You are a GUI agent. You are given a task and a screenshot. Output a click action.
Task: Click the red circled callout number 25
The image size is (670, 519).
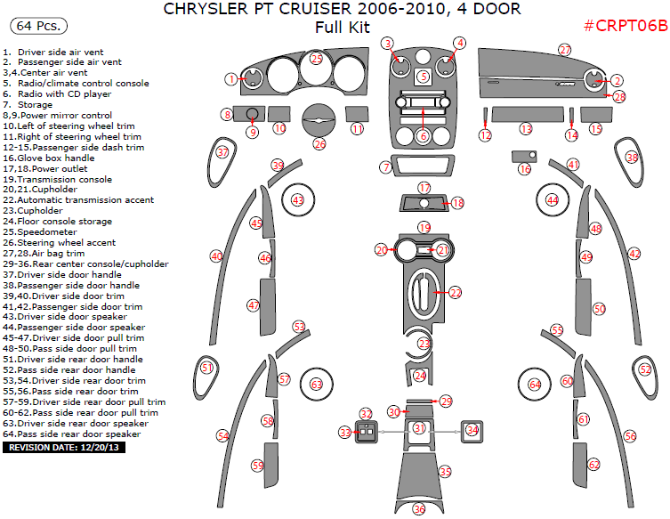[x=317, y=59]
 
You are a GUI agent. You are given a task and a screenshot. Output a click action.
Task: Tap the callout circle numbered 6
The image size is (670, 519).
[x=424, y=136]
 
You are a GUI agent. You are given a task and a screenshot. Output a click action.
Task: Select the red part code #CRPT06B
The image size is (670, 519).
[x=625, y=26]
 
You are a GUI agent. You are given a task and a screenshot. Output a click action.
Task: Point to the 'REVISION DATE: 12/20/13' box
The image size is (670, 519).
[x=64, y=448]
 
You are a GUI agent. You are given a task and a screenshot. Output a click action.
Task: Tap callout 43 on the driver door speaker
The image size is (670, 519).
[x=298, y=200]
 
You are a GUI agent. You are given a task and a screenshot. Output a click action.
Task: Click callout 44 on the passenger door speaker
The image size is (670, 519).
[x=553, y=200]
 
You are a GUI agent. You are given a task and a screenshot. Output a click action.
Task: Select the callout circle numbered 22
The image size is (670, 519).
[x=456, y=292]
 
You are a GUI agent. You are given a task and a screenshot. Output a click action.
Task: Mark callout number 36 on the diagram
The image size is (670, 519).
[x=419, y=509]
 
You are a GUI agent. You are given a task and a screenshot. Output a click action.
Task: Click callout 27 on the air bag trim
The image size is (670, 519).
[x=565, y=50]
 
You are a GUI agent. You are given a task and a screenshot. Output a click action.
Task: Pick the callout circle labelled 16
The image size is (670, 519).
[x=525, y=168]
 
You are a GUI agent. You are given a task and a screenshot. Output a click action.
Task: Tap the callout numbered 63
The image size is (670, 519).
[x=316, y=385]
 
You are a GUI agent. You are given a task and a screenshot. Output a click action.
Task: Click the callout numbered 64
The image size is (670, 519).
[x=535, y=385]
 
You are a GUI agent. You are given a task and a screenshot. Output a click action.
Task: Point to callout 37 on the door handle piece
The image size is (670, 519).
[x=222, y=153]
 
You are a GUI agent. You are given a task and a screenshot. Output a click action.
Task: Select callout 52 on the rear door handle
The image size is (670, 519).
[x=644, y=369]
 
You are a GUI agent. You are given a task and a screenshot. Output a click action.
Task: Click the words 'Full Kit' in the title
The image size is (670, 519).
[x=342, y=27]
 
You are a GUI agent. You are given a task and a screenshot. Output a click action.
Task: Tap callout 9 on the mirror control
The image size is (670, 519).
[x=252, y=133]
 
